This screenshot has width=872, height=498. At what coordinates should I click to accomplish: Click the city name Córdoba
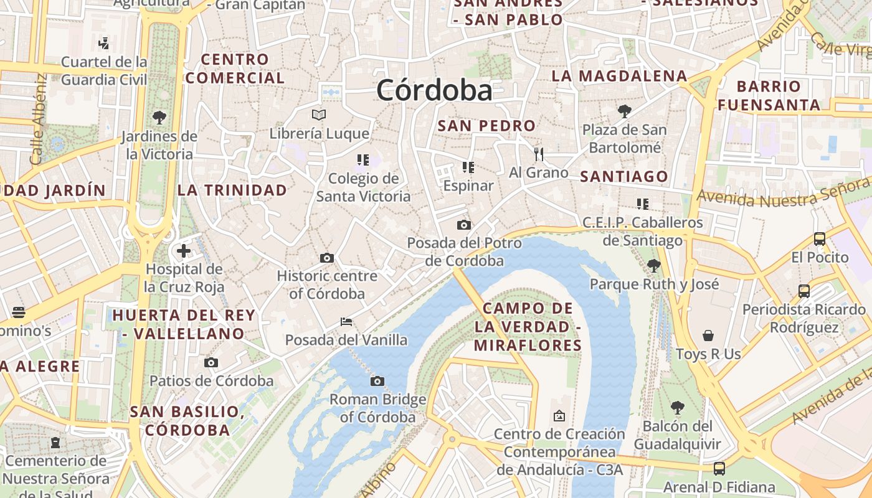(434, 91)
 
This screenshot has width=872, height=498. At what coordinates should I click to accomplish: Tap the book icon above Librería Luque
(319, 115)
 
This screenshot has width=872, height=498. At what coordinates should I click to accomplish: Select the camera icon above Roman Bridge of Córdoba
(377, 381)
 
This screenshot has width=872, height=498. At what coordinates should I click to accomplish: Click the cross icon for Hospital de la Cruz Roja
(184, 251)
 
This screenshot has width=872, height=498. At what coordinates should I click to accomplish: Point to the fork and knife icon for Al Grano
(539, 154)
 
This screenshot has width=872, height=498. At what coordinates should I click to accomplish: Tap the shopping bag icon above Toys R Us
(708, 336)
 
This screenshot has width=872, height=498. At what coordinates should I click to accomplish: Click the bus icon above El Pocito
(820, 238)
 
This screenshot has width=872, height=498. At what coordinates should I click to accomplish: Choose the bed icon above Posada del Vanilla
(346, 322)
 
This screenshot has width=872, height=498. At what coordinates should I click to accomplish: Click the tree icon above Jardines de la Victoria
(159, 117)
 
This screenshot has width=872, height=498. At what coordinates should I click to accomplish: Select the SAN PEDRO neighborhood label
(486, 126)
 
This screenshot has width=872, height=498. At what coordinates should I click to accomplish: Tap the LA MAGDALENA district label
(619, 76)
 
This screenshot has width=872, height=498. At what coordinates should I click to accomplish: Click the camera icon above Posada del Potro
(464, 225)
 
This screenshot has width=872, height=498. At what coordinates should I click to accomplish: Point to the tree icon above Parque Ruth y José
(654, 266)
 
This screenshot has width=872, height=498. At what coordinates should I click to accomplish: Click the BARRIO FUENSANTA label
(769, 95)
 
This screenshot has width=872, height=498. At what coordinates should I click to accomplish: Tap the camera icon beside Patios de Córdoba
(211, 362)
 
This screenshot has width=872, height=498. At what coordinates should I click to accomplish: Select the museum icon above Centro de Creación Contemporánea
(559, 415)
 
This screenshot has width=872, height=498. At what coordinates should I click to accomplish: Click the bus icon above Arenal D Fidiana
(719, 468)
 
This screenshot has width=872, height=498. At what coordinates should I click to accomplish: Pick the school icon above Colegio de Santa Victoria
(363, 160)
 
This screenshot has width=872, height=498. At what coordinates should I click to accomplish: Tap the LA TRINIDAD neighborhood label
(232, 190)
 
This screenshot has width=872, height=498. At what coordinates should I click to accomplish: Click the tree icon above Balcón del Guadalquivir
(678, 408)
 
